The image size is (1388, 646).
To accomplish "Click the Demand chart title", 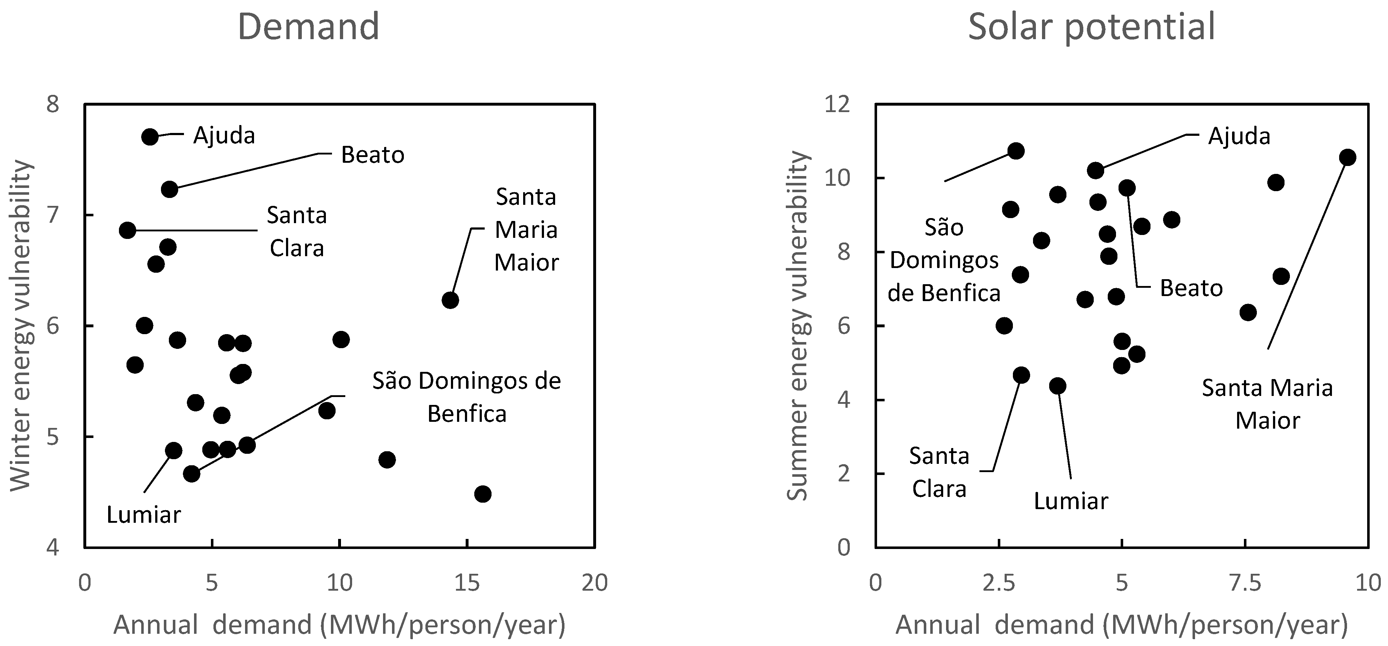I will [x=308, y=27].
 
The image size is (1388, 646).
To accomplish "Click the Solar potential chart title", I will [x=1092, y=27].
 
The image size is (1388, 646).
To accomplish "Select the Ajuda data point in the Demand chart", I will [x=150, y=137].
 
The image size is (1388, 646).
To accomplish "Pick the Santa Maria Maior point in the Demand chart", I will [x=450, y=300].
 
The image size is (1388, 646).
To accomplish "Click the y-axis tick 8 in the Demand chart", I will [x=53, y=104].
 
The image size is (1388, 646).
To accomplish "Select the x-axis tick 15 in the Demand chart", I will [x=467, y=583].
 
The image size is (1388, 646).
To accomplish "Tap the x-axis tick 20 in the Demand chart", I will [x=594, y=583].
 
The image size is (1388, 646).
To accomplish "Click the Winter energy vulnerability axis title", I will [x=22, y=326].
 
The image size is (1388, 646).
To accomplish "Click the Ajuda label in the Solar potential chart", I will [x=1239, y=136].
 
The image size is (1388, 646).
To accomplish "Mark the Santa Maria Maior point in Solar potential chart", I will [x=1347, y=157].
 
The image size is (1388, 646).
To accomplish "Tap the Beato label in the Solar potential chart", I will [x=1191, y=289].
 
